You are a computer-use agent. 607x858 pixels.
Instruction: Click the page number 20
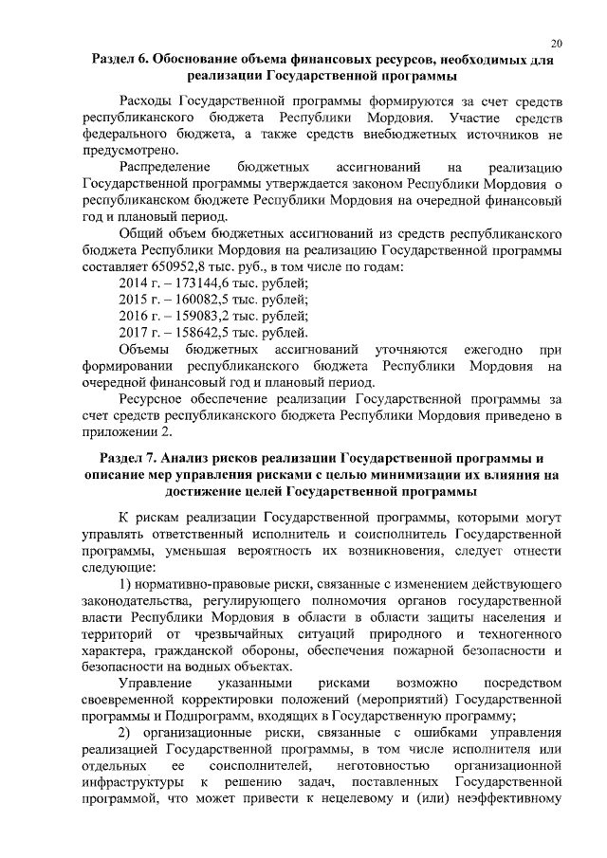(557, 43)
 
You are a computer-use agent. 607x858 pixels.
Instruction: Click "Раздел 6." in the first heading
(123, 59)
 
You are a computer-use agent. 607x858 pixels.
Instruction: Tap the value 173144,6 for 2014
(205, 283)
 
